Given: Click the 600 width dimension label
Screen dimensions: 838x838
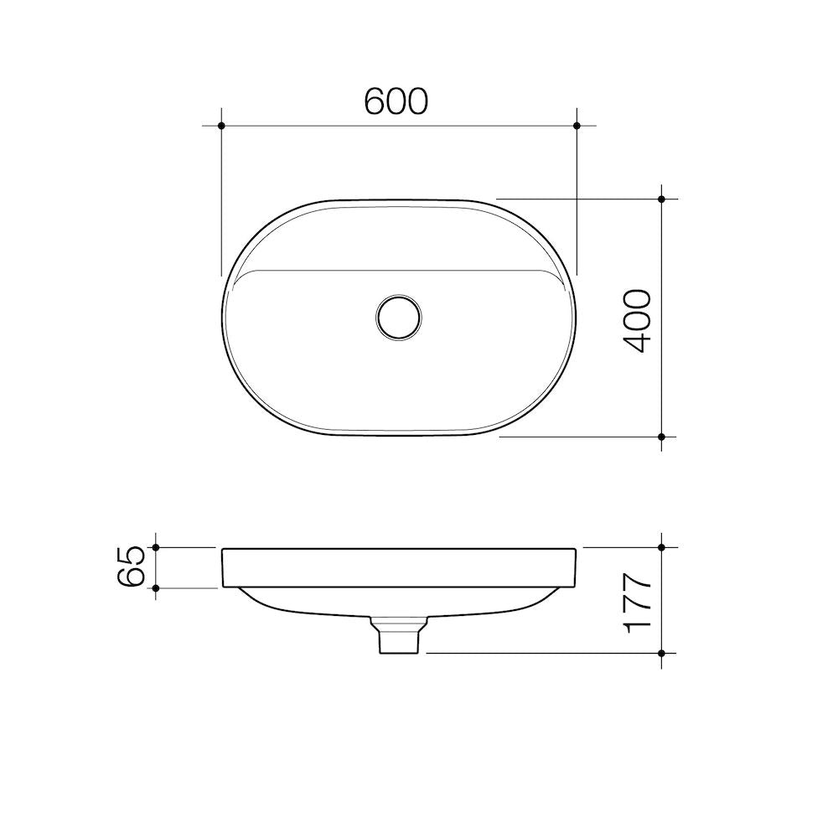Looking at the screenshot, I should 396,101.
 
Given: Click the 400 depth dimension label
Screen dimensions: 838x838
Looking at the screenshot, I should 637,320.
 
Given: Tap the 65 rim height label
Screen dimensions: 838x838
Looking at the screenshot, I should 133,567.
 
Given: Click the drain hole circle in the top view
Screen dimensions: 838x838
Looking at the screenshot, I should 399,316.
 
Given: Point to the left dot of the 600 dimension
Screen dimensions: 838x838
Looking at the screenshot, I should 221,126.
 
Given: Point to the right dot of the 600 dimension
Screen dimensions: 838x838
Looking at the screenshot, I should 577,126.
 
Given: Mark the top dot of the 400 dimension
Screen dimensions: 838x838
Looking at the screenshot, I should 661,199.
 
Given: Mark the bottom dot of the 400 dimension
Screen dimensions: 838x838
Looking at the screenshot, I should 661,437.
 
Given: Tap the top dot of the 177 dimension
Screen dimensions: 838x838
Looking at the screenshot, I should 661,547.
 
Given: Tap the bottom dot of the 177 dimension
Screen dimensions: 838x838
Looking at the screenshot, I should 661,652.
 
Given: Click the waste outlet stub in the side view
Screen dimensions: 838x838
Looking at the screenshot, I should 398,639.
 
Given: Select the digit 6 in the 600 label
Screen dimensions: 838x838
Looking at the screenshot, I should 375,101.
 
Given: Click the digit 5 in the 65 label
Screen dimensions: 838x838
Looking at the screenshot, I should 133,556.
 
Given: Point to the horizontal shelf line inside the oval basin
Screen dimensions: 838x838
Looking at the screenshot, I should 399,271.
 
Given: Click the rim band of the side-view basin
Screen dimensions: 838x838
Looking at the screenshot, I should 399,567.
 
